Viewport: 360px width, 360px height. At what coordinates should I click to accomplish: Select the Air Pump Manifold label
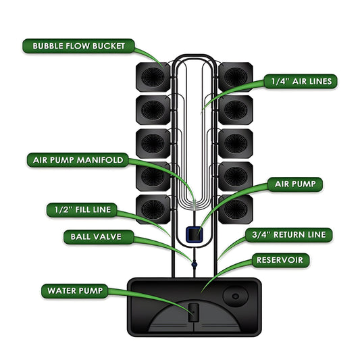click(x=78, y=160)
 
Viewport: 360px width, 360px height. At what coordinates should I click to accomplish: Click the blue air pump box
click(x=194, y=234)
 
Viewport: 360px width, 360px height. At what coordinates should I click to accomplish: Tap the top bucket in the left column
click(x=153, y=78)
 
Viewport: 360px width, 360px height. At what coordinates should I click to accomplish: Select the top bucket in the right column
click(x=236, y=78)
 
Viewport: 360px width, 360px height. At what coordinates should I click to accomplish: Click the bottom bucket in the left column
click(x=153, y=209)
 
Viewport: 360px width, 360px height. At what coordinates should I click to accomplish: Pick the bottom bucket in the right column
click(x=236, y=209)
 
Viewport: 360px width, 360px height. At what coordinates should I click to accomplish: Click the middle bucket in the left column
click(x=153, y=143)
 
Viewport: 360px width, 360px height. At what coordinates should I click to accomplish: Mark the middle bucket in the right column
click(x=236, y=143)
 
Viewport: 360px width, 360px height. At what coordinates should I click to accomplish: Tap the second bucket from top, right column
click(x=236, y=110)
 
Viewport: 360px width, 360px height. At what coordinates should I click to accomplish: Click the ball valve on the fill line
click(x=192, y=265)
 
